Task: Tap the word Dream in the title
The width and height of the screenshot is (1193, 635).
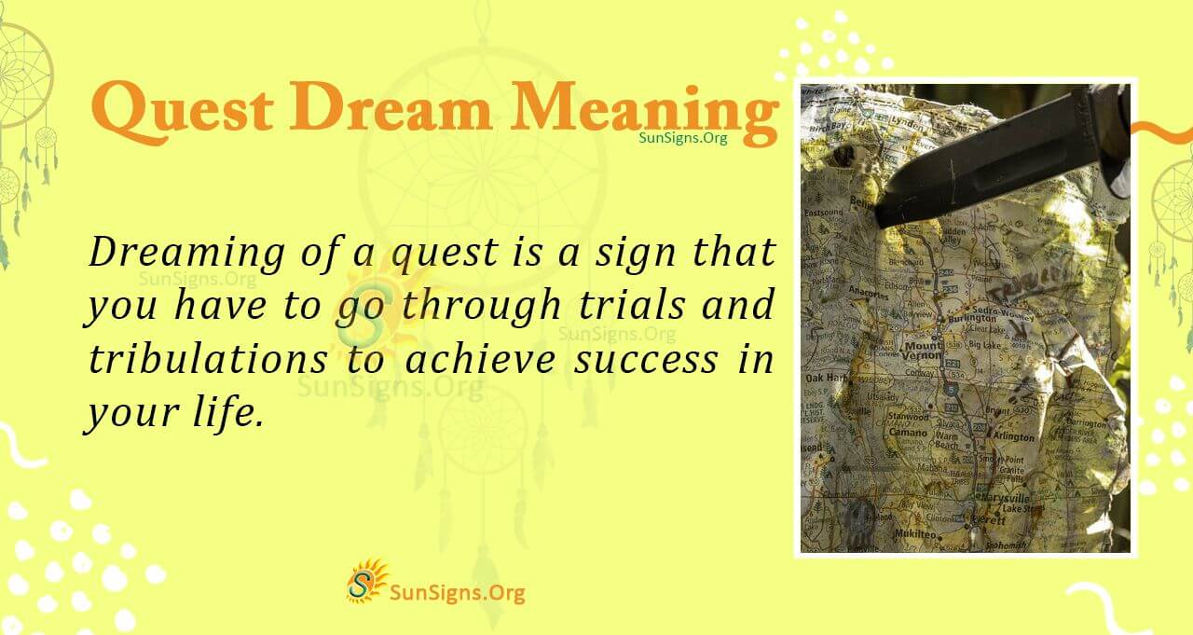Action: (x=395, y=110)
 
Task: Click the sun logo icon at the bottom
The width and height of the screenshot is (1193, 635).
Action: (x=367, y=581)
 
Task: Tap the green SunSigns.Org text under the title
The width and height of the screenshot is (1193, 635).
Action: (x=682, y=137)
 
